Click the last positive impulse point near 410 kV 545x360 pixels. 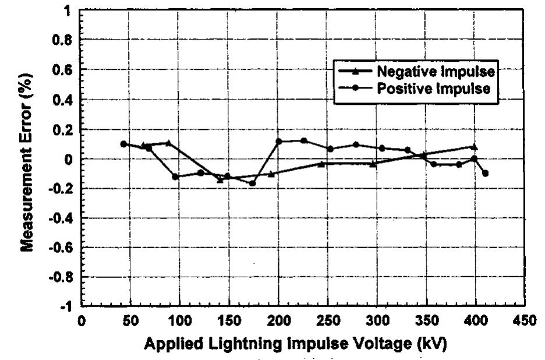485,173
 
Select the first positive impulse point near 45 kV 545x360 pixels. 123,144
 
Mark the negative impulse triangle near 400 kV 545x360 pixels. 475,147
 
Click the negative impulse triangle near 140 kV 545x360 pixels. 220,179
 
